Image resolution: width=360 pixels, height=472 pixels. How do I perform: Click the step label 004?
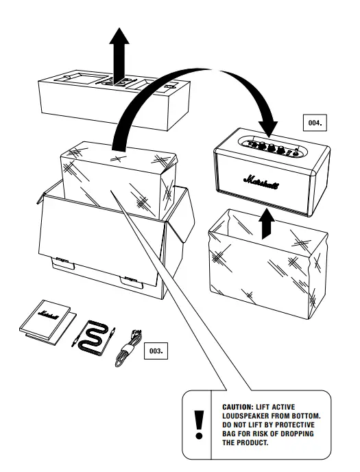coord(315,123)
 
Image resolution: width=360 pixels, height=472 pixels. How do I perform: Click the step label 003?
coord(156,351)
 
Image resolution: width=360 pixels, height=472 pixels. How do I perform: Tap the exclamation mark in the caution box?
coord(199,425)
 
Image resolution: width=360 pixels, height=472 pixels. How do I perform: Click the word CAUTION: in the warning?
coord(237,407)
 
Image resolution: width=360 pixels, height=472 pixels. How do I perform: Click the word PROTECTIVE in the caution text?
coord(295,425)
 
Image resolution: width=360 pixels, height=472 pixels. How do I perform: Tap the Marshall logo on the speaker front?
coord(261,182)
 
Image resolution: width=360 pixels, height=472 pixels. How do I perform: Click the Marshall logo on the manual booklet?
coord(49,314)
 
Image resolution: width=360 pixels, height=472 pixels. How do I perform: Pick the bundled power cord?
coord(128,348)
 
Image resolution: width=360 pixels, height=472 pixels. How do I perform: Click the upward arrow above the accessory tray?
coord(119,55)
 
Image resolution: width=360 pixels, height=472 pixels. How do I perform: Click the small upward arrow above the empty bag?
coord(267,224)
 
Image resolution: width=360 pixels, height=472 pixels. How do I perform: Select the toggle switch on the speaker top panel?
coord(296,152)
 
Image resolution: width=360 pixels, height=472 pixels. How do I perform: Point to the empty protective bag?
coord(267,264)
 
